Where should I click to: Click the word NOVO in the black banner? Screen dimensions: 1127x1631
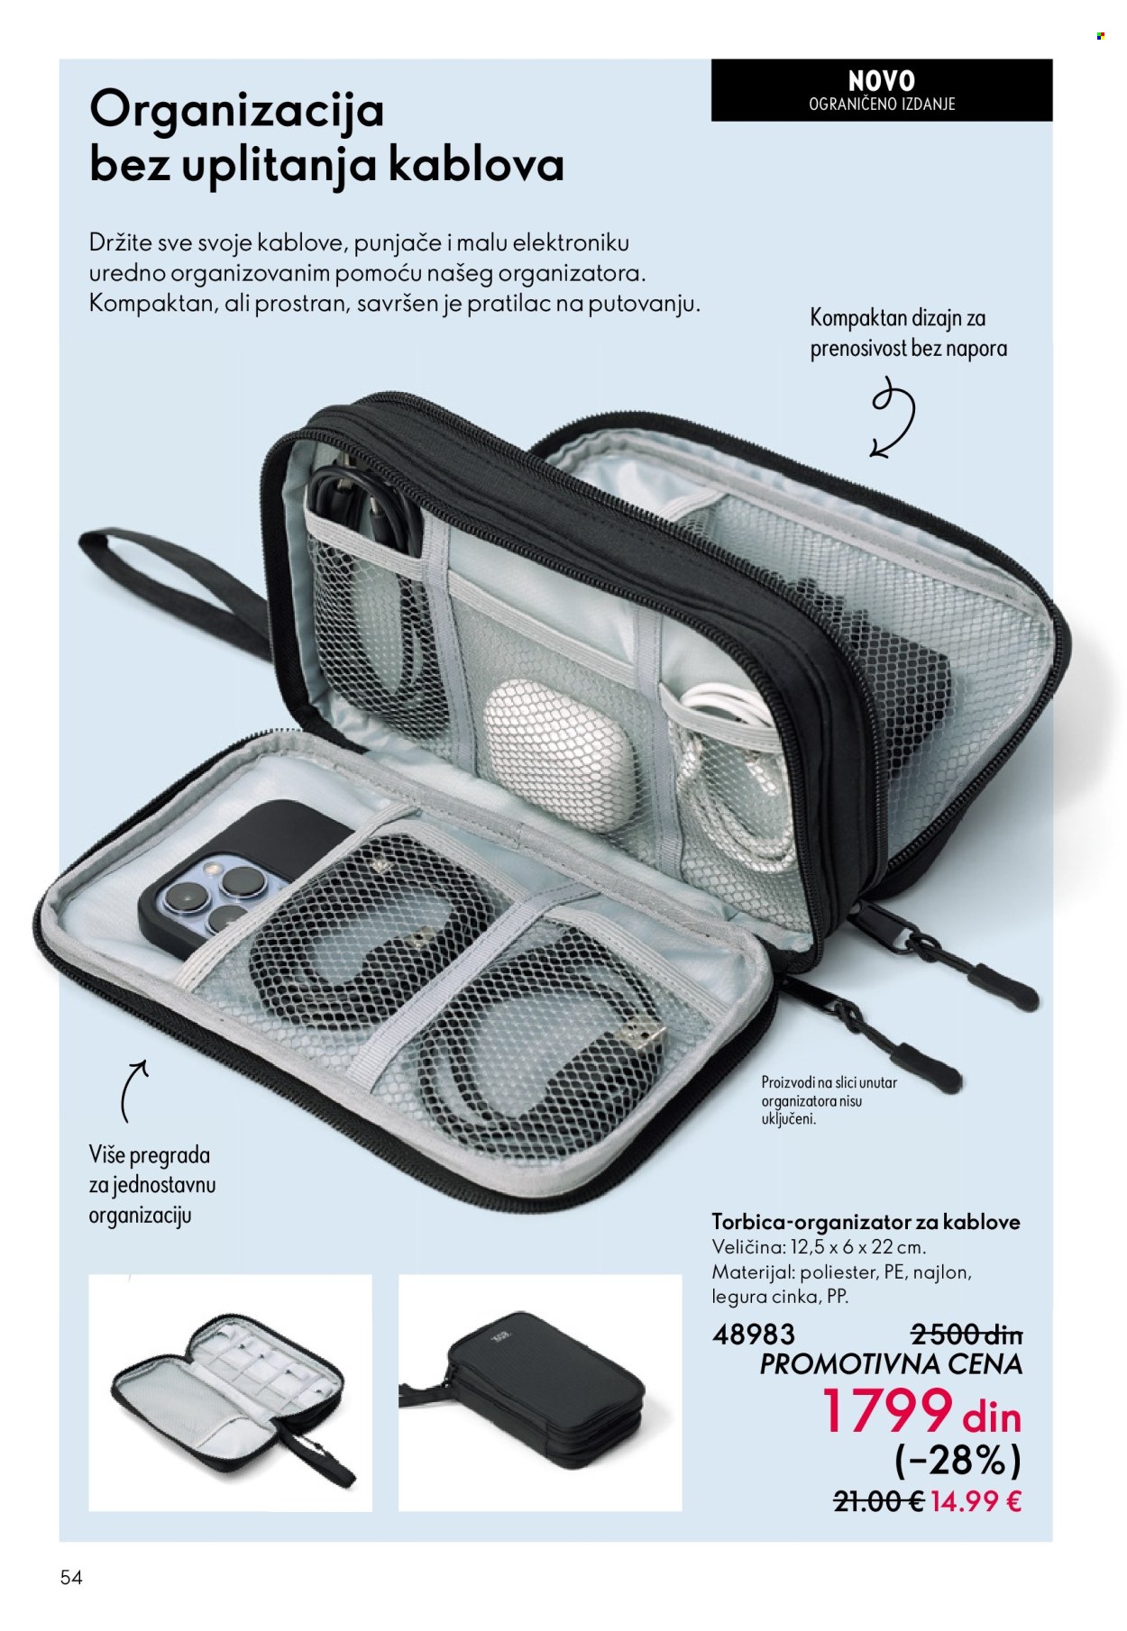tap(881, 80)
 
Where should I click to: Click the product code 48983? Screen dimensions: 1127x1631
tap(754, 1334)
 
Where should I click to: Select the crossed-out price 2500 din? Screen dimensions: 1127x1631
tap(967, 1334)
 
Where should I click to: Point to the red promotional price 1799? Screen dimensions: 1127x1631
tap(887, 1411)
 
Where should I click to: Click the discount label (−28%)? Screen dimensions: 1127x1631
tap(959, 1461)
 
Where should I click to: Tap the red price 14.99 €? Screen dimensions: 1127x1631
tap(977, 1502)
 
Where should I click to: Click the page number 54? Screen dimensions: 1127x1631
tap(72, 1578)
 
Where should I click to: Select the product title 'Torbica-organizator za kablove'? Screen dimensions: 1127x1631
tap(866, 1222)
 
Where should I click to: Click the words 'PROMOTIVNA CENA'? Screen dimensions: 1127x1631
tap(892, 1363)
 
